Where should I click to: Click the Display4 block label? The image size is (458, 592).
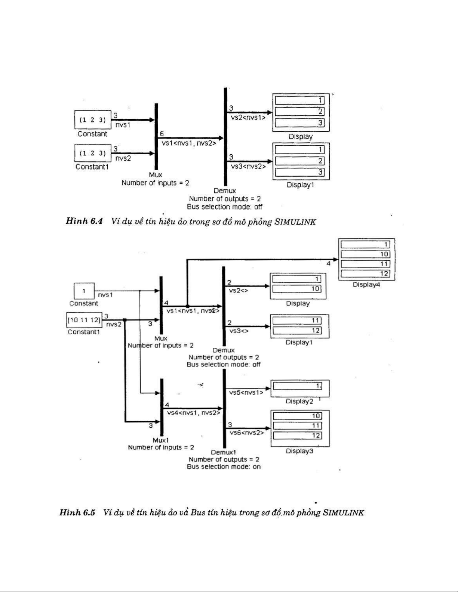point(366,285)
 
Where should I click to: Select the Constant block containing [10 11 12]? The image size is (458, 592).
point(84,320)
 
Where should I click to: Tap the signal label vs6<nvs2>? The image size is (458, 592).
point(246,433)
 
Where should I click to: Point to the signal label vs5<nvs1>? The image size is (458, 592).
point(246,393)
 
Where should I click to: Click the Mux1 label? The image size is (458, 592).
point(160,440)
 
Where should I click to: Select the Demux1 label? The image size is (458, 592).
point(224,452)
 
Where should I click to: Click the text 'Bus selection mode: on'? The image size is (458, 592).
point(224,467)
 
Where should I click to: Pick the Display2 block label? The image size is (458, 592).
point(299,402)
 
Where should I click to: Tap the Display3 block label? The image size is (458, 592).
point(299,451)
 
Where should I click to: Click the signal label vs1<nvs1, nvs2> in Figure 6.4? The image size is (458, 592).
point(189,142)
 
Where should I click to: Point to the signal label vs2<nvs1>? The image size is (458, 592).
point(248,117)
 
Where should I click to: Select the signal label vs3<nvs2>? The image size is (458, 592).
point(248,166)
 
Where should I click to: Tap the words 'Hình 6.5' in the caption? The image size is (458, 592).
point(78,512)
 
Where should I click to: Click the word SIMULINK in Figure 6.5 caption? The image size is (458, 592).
point(343,512)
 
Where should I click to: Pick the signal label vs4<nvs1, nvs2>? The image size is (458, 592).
point(193,413)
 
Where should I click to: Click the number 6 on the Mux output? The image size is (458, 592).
point(162,134)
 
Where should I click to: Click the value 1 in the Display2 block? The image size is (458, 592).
point(318,385)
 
